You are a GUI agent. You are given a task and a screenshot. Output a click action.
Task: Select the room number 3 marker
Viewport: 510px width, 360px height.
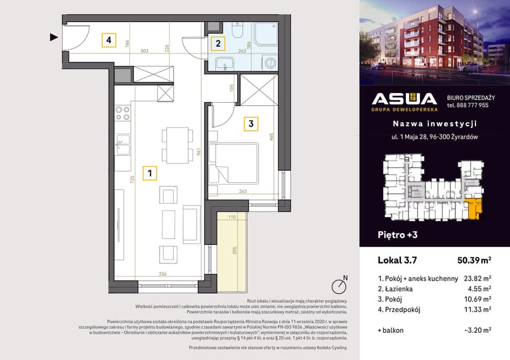coord(251,124)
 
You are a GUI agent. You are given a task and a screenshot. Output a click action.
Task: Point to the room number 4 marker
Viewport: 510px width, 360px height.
coord(108,41)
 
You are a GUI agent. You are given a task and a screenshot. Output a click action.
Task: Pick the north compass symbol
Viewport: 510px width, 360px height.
coord(338,286)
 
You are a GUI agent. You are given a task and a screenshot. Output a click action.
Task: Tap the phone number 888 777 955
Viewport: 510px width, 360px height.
coord(467,105)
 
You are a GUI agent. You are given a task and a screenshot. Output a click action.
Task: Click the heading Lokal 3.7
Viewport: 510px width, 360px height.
coord(396,260)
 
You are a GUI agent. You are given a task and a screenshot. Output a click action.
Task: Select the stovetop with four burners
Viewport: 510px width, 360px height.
coord(122,113)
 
